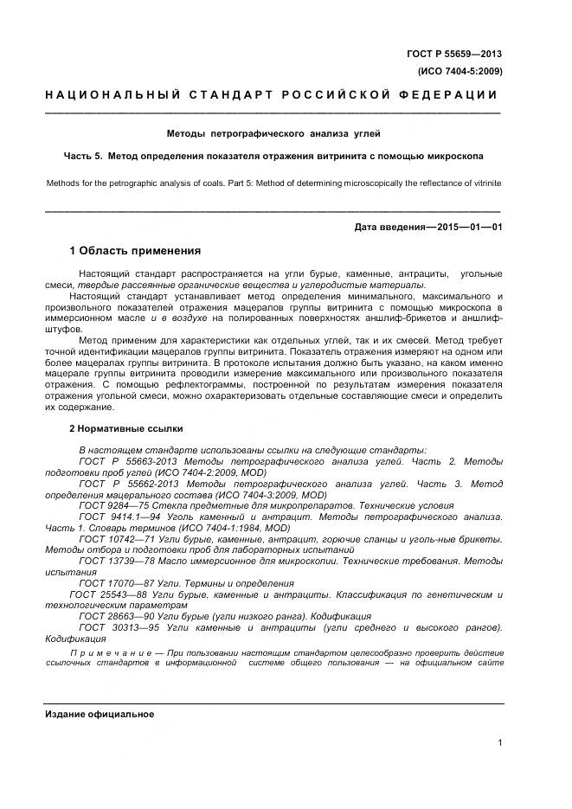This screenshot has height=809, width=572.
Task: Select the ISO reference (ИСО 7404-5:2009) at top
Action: click(460, 71)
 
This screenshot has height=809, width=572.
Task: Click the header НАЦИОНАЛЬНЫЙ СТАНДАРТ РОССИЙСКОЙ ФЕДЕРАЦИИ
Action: click(271, 94)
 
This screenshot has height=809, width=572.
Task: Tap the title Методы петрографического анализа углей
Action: click(273, 134)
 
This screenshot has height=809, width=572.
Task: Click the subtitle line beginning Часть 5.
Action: click(273, 157)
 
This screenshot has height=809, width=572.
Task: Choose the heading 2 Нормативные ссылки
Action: click(125, 429)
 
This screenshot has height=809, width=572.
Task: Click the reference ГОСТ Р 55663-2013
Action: click(124, 462)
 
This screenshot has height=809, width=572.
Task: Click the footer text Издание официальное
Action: click(99, 714)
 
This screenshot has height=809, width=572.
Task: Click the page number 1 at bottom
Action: click(500, 742)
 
